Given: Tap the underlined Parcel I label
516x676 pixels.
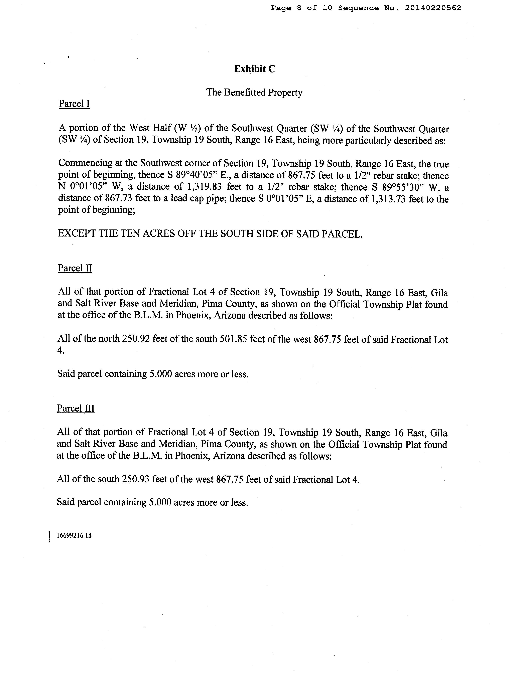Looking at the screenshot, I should (x=74, y=104).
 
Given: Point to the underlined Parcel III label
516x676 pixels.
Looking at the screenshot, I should (x=76, y=408).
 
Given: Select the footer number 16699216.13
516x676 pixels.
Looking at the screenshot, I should (x=74, y=536).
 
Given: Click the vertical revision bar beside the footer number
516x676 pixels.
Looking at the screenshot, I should (x=49, y=537).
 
